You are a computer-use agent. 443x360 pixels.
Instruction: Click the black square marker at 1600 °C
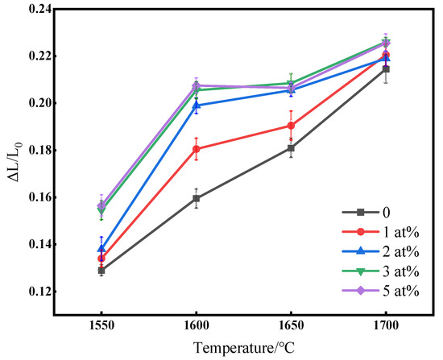coord(197,198)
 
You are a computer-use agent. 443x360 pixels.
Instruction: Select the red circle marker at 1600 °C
coord(197,149)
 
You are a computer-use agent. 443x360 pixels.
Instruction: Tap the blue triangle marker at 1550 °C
coord(101,249)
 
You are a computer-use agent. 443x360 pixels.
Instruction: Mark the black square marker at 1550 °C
coord(101,271)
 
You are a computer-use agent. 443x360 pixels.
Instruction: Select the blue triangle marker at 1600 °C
coord(197,106)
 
